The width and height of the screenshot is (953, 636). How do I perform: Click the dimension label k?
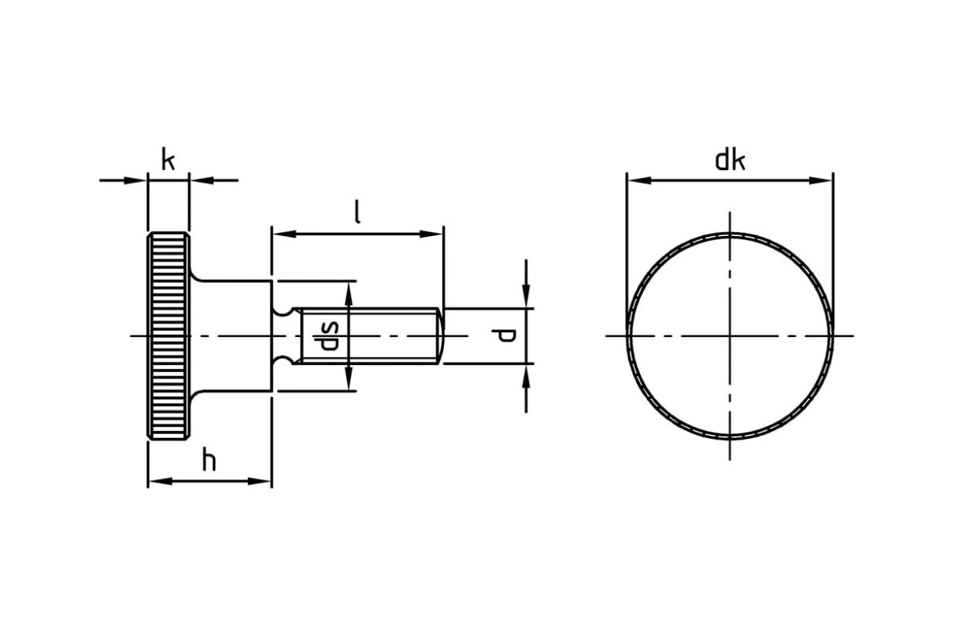[168, 159]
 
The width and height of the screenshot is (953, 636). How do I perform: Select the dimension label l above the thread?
[358, 212]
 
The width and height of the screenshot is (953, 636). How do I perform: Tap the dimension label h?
[209, 460]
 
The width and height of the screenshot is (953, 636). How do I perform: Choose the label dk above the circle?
[730, 160]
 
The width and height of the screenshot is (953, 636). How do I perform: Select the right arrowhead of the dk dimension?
[820, 180]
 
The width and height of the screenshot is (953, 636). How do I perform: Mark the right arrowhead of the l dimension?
[431, 234]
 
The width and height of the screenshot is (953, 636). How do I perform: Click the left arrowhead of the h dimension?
[160, 481]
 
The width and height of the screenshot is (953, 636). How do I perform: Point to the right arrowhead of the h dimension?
[260, 481]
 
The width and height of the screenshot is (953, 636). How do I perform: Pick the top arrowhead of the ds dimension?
[349, 294]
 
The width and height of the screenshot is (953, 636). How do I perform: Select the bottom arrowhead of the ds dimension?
[349, 378]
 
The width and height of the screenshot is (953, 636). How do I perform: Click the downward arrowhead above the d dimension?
[527, 295]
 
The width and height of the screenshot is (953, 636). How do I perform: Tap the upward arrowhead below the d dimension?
[527, 376]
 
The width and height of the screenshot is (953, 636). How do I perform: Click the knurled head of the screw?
[168, 336]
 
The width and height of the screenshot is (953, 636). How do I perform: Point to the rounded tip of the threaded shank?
[442, 335]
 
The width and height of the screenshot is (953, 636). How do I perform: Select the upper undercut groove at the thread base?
[282, 312]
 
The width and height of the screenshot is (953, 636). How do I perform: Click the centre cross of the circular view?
[730, 336]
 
